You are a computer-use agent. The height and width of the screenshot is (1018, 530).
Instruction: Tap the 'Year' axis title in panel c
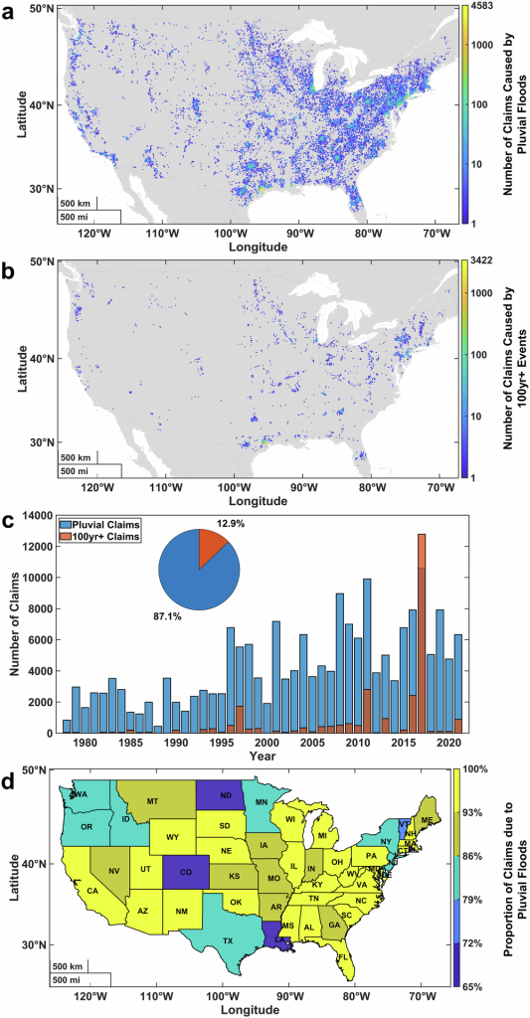point(257,755)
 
